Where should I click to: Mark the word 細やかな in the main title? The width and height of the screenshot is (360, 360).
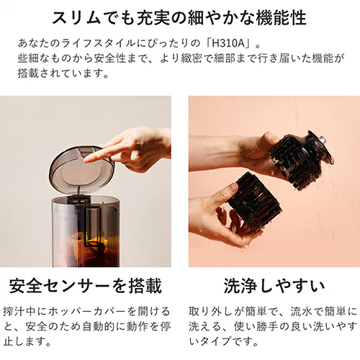point(206,16)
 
